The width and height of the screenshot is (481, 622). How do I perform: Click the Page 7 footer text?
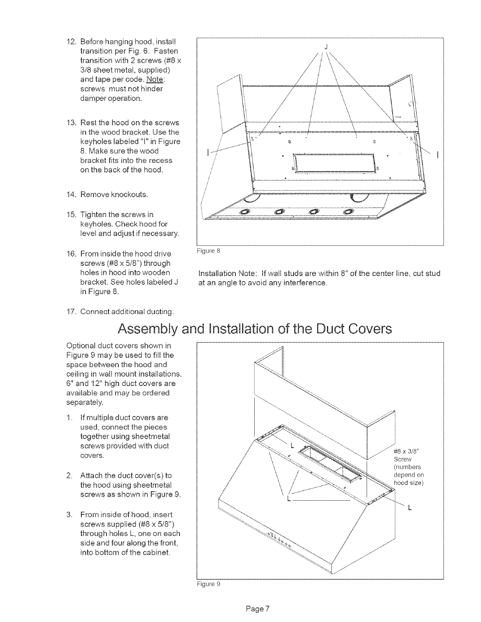click(x=257, y=609)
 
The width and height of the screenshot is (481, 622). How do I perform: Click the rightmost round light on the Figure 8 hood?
click(x=348, y=212)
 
